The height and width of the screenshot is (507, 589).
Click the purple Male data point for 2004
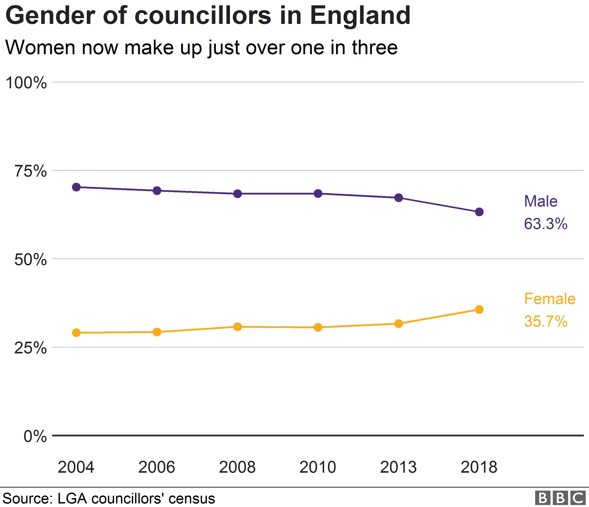click(x=76, y=187)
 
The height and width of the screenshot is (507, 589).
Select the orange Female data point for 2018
click(x=479, y=309)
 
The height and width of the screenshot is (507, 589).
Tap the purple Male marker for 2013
click(x=399, y=198)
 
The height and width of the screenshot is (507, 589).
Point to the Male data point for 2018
click(x=479, y=212)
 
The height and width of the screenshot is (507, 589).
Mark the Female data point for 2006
click(x=157, y=332)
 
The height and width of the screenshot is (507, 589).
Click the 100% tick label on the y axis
click(x=26, y=83)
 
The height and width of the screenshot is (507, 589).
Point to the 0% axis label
click(x=35, y=436)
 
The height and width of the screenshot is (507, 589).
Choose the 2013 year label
click(x=398, y=467)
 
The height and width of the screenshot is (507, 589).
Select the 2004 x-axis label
click(x=76, y=467)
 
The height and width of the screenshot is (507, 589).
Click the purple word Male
click(x=541, y=201)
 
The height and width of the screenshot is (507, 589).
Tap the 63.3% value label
click(x=545, y=224)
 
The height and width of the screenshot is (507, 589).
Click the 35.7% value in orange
click(x=545, y=321)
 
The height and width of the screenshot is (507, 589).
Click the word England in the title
click(x=360, y=16)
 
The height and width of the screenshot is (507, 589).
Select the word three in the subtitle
click(x=375, y=48)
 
